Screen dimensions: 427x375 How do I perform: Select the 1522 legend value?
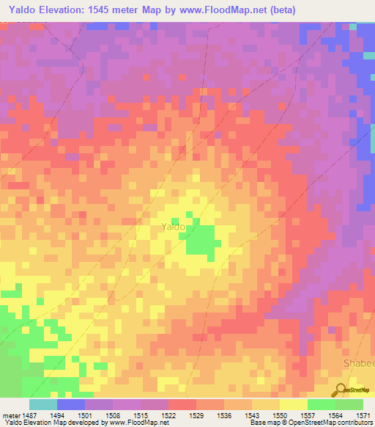(x=168, y=415)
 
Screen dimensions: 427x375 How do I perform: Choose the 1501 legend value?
(x=85, y=415)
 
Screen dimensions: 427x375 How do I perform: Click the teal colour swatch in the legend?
(x=42, y=404)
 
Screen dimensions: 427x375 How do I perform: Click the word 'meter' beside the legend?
(x=10, y=415)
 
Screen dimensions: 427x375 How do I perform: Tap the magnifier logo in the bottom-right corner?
(x=340, y=390)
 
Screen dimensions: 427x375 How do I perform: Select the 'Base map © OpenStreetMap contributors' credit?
(x=311, y=423)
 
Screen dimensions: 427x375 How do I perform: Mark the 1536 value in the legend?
(x=224, y=415)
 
